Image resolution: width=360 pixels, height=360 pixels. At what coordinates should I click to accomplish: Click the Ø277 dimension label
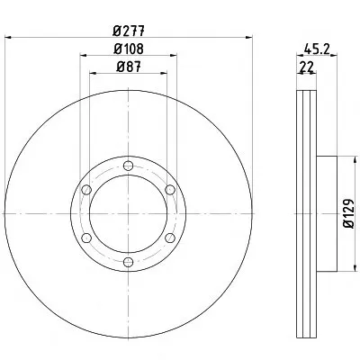point(129,31)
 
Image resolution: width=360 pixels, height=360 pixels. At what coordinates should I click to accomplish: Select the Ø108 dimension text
point(129,49)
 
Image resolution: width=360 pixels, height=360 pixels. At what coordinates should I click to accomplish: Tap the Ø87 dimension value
point(129,67)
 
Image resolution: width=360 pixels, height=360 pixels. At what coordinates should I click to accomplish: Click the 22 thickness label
point(306,67)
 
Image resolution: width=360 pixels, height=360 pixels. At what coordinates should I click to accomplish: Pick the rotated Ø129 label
point(349,213)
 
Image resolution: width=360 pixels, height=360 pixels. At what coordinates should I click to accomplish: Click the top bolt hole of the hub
point(129,166)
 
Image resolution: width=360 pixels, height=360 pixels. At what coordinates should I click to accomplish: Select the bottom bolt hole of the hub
point(129,262)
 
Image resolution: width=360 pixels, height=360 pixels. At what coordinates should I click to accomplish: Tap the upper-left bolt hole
point(86,190)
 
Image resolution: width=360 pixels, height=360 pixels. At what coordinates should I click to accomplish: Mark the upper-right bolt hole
point(170,190)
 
